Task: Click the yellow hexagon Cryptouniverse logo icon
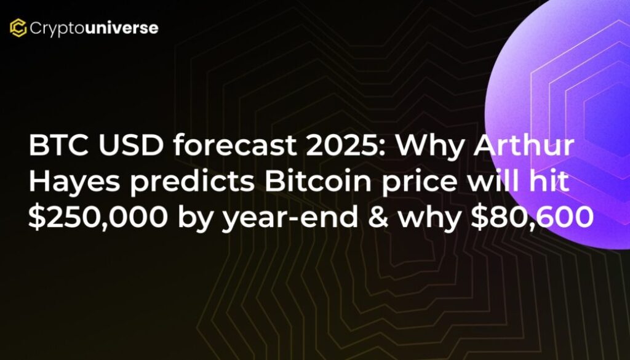(x=18, y=28)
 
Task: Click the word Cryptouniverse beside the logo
(x=94, y=28)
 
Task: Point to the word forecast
(x=234, y=146)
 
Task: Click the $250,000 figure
(x=97, y=218)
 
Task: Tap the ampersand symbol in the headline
(x=377, y=217)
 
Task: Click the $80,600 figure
(x=532, y=218)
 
